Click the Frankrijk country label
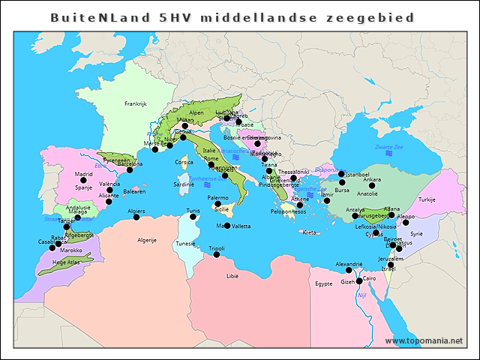pyautogui.click(x=136, y=103)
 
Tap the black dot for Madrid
pyautogui.click(x=83, y=181)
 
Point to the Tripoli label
pyautogui.click(x=217, y=247)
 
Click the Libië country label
pyautogui.click(x=232, y=276)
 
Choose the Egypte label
pyautogui.click(x=323, y=284)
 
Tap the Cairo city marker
pyautogui.click(x=359, y=280)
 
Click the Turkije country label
pyautogui.click(x=427, y=199)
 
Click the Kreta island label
pyautogui.click(x=309, y=232)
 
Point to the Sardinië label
pyautogui.click(x=184, y=184)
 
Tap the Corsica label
pyautogui.click(x=184, y=162)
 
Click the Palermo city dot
pyautogui.click(x=217, y=204)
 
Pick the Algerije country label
pyautogui.click(x=146, y=240)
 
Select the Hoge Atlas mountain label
pyautogui.click(x=65, y=263)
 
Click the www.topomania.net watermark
pyautogui.click(x=424, y=341)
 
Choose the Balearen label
pyautogui.click(x=134, y=191)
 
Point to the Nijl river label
pyautogui.click(x=362, y=295)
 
